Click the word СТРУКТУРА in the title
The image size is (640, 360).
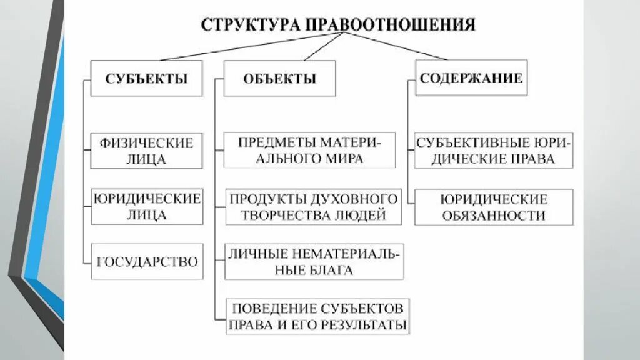[x=250, y=25]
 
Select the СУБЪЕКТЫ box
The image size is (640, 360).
[x=146, y=78]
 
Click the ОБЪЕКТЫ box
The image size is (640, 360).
[x=279, y=78]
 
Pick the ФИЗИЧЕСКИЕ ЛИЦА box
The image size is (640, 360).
[x=146, y=151]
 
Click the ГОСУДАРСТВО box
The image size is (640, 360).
[x=147, y=262]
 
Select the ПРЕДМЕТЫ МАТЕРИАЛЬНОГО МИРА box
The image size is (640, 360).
[x=309, y=150]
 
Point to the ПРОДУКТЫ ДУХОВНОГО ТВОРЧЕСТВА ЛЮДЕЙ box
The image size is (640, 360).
[x=313, y=207]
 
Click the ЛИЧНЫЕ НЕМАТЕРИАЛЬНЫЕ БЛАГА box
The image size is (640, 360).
[x=314, y=262]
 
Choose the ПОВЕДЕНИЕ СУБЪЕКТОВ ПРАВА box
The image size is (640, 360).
[x=318, y=316]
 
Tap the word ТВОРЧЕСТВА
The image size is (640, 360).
[x=279, y=216]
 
